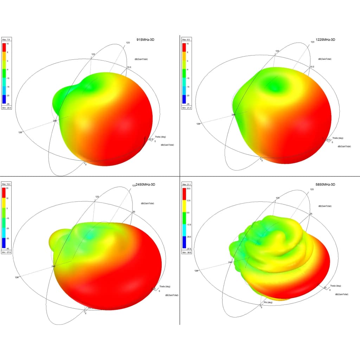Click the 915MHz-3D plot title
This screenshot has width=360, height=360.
click(146, 40)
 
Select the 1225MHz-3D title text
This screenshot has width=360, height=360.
click(326, 40)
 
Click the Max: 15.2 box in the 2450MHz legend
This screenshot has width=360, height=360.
click(7, 184)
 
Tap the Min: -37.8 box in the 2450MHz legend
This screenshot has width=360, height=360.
click(7, 252)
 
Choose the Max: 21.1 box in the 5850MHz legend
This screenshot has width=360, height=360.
click(186, 184)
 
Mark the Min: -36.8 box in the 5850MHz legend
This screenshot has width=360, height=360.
click(186, 252)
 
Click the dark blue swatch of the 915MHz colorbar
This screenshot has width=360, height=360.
click(4, 99)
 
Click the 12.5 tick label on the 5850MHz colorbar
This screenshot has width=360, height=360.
click(188, 200)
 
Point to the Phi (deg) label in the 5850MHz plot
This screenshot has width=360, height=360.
click(268, 302)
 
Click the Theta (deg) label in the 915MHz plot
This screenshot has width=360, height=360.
click(160, 137)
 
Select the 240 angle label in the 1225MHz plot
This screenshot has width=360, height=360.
click(233, 115)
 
